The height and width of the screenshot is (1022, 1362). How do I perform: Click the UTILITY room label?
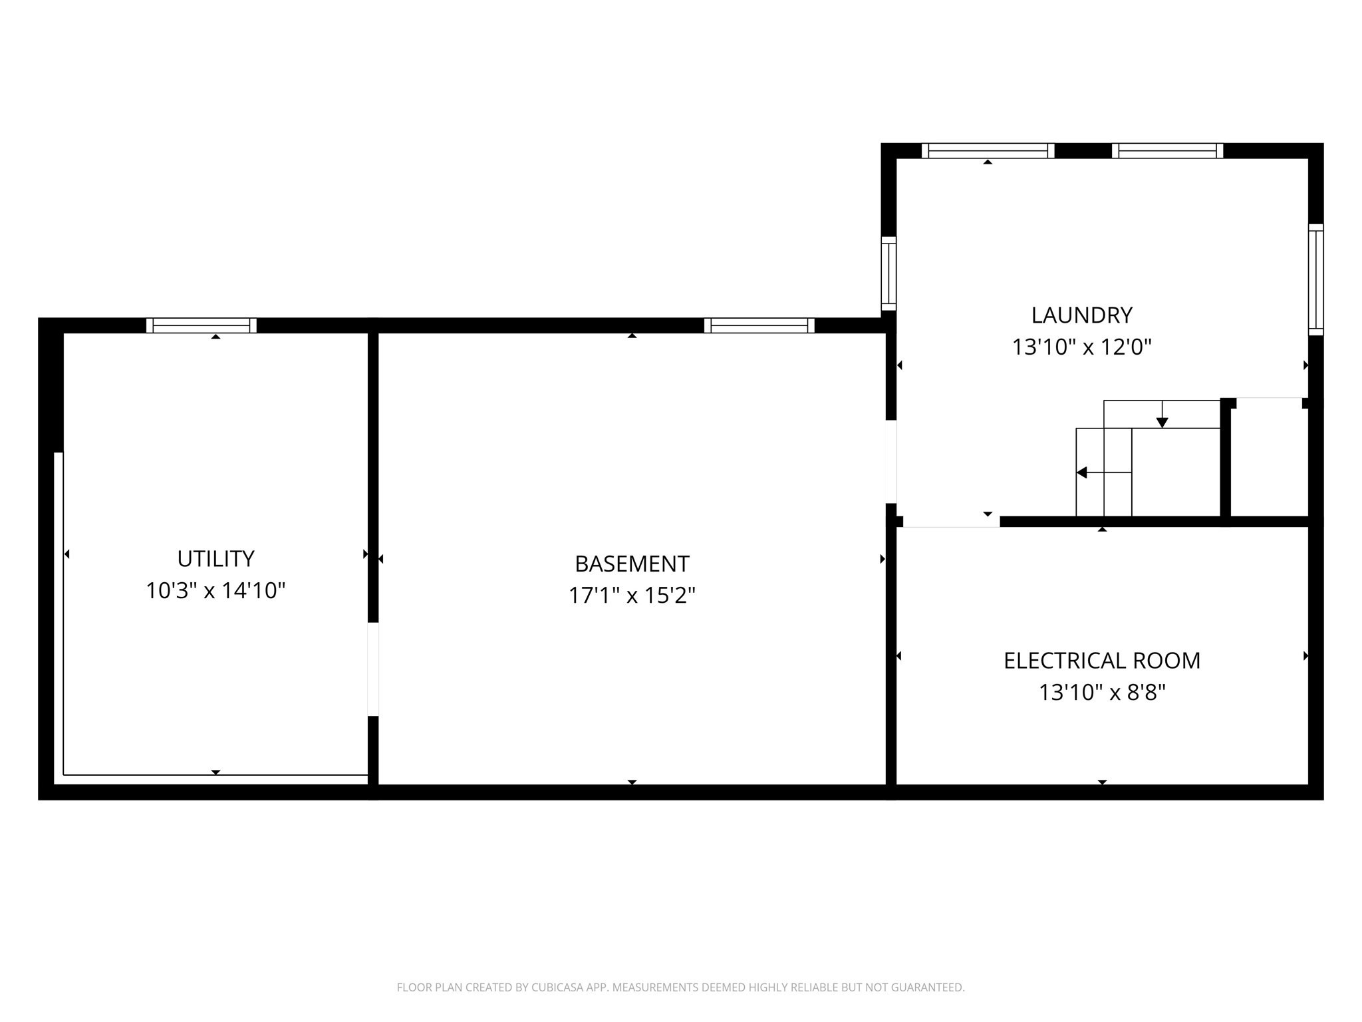215,559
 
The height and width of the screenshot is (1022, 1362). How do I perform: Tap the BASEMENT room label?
632,564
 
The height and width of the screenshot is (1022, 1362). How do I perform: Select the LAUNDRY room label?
1081,315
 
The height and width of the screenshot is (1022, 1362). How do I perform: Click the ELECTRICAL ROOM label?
1102,661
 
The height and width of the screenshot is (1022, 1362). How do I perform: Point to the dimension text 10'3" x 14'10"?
215,591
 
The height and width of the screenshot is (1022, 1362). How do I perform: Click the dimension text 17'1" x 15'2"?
632,596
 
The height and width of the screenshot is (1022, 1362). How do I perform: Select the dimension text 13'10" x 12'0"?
1081,347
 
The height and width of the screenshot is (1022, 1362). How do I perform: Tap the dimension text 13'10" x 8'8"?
1102,693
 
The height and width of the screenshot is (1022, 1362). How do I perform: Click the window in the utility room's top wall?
202,325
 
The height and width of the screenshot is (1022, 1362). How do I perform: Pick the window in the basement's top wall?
759,325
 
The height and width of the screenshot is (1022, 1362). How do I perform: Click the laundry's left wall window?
888,273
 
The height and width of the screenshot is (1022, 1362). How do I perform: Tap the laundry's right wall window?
1315,279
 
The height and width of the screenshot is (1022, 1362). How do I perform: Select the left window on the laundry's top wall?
988,151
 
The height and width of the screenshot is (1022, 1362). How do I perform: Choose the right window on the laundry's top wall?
1167,151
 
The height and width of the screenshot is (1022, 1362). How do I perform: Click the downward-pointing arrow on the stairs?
1162,421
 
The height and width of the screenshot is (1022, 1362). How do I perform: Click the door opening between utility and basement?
373,669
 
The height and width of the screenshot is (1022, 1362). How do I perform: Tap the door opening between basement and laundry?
891,462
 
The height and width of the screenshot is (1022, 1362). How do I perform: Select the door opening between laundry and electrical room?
951,522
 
